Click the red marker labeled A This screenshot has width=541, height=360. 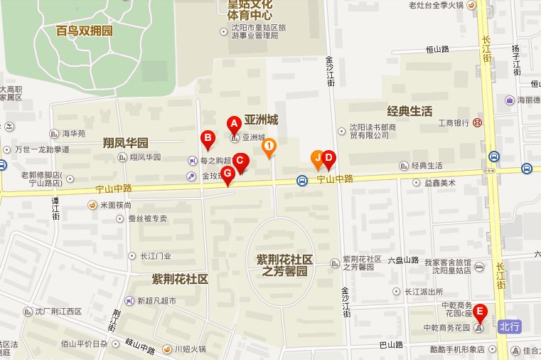coord(232,124)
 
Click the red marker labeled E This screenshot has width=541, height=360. coord(480,311)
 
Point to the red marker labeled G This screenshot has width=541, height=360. coord(227,174)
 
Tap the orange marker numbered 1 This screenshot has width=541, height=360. coord(269,147)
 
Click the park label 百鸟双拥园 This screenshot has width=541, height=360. coord(84,31)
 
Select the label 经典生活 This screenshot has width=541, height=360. coord(409,111)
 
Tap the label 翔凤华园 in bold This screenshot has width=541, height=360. coord(125,142)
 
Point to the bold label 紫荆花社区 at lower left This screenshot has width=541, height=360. coord(180,278)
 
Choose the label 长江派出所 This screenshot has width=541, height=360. coord(424,291)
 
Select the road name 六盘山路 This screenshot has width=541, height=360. coord(405,260)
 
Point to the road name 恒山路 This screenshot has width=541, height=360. coord(437,49)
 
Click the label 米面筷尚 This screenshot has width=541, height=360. coord(115,205)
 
